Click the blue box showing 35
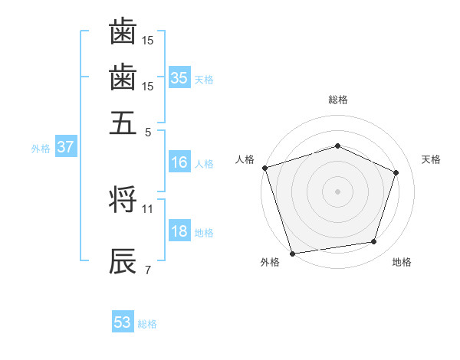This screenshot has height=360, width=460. coord(179,77)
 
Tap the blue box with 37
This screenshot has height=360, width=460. coord(65,147)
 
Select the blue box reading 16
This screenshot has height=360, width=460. coord(179,162)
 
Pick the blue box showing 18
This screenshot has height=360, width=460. coord(179,231)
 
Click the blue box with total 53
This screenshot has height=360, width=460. coord(123,322)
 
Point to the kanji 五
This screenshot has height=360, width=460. coord(123,123)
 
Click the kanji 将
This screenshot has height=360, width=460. coord(123,201)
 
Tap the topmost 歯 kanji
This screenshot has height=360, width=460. coord(123,32)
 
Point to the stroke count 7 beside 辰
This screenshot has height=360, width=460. coord(147,270)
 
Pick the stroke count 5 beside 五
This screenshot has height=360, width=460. coord(147,131)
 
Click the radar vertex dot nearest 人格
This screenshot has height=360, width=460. coord(264,168)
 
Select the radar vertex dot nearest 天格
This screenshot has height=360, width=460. coord(396,172)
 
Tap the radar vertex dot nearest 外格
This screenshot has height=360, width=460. coord(292,253)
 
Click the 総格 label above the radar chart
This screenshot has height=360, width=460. coord(338,100)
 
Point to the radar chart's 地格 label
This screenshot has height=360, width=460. coord(402,263)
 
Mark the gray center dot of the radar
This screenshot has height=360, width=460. coord(337,191)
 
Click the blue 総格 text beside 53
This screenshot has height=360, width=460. coord(147,324)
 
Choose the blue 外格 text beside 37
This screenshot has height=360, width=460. coord(41,149)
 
